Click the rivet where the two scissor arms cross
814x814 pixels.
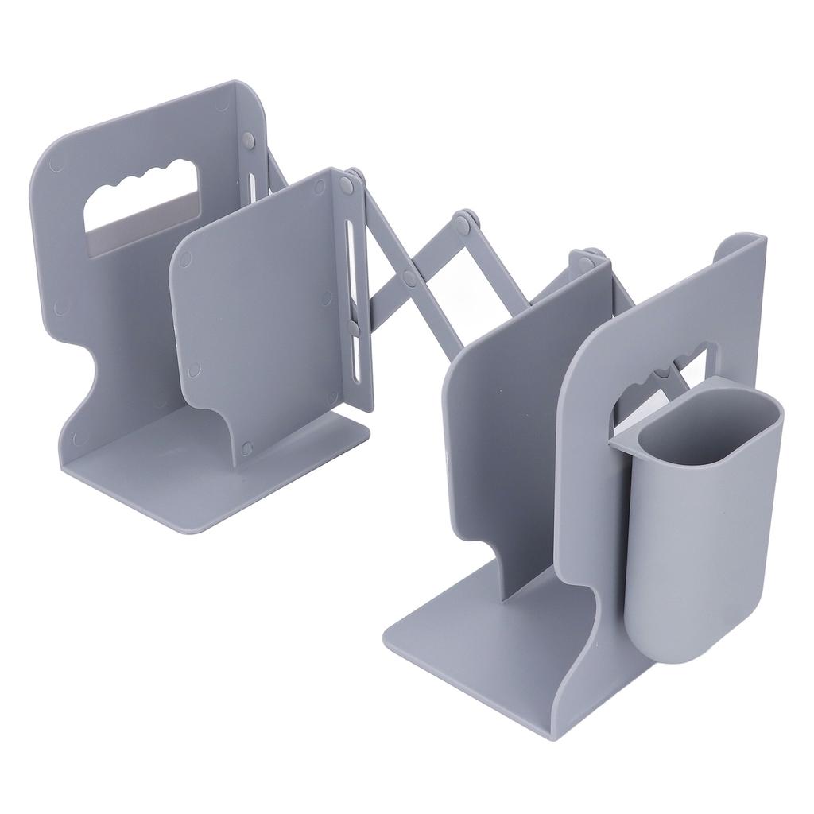[409, 277]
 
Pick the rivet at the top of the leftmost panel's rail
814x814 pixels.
[247, 140]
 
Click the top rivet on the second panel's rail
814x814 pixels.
[347, 184]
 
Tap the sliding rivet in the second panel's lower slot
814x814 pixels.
[352, 325]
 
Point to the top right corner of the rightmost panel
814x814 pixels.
[759, 238]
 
